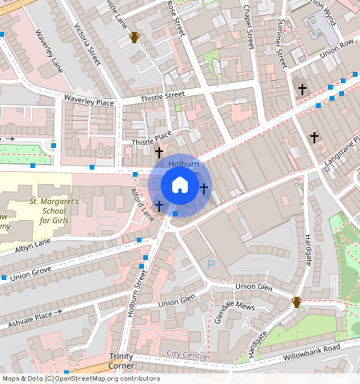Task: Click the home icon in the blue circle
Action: coord(180,186)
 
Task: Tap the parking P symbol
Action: coord(211,264)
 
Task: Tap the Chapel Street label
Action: coord(249,26)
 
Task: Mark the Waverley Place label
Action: coord(89,100)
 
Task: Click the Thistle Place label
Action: coord(151,138)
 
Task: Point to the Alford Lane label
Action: coord(142,204)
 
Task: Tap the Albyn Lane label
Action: coord(31,243)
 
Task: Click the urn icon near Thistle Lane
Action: coord(134,37)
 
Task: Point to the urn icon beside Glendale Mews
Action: coord(297,302)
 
